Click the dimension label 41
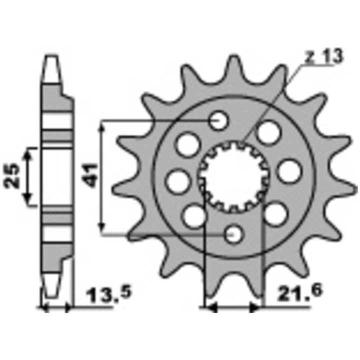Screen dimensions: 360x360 (90, 175)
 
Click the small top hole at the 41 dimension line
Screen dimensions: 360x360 (218, 120)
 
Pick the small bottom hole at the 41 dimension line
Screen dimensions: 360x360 (233, 234)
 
